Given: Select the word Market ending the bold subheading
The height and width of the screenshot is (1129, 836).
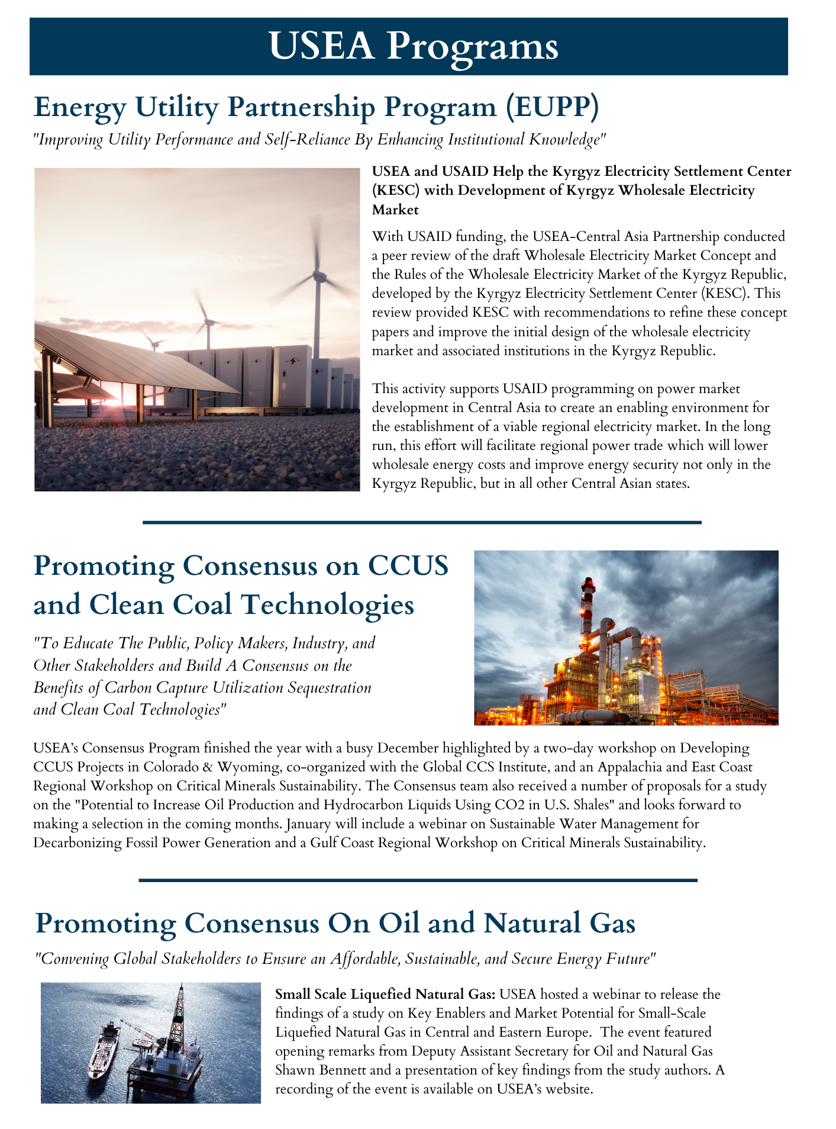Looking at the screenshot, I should (x=395, y=210).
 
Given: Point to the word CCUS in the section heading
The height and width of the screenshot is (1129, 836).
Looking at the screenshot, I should (x=408, y=566).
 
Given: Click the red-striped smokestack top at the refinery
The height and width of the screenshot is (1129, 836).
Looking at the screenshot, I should (x=588, y=586).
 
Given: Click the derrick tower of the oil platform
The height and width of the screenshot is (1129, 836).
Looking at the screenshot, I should (x=178, y=1018).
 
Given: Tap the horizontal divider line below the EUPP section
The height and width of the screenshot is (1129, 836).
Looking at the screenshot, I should (x=422, y=522).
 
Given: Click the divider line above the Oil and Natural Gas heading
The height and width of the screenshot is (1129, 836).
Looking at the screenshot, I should (x=418, y=881).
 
